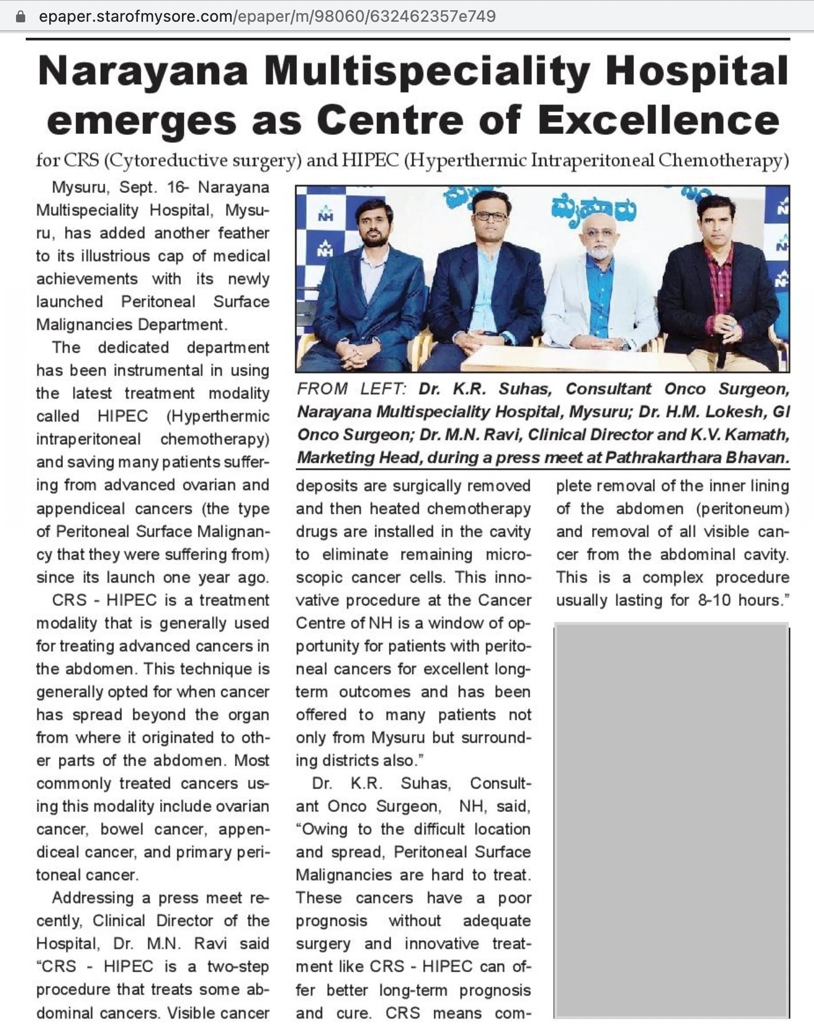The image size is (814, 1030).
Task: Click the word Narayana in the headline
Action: pyautogui.click(x=143, y=72)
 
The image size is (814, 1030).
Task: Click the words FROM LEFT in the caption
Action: pyautogui.click(x=351, y=389)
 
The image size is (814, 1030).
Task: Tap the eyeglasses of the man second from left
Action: pyautogui.click(x=490, y=216)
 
